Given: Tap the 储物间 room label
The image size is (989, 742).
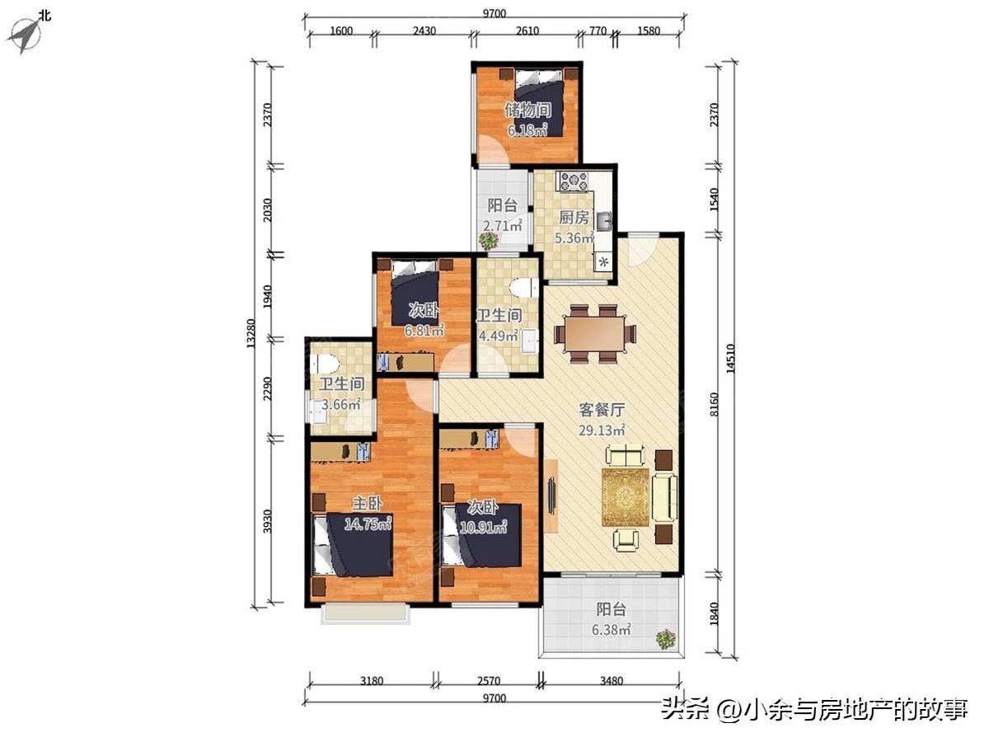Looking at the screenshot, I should click(x=527, y=110).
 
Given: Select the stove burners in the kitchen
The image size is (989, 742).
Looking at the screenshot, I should click(x=573, y=181).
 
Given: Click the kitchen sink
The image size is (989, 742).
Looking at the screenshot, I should click(x=604, y=219).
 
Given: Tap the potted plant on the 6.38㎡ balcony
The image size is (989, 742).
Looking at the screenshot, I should click(x=665, y=638).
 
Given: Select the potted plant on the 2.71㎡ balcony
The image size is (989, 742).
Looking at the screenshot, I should click(x=489, y=241).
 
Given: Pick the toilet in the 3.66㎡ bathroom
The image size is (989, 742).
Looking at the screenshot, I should click(x=324, y=364).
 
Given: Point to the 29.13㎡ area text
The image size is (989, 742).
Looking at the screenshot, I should click(x=602, y=430).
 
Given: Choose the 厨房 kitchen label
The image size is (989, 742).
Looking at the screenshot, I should click(x=574, y=218).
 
